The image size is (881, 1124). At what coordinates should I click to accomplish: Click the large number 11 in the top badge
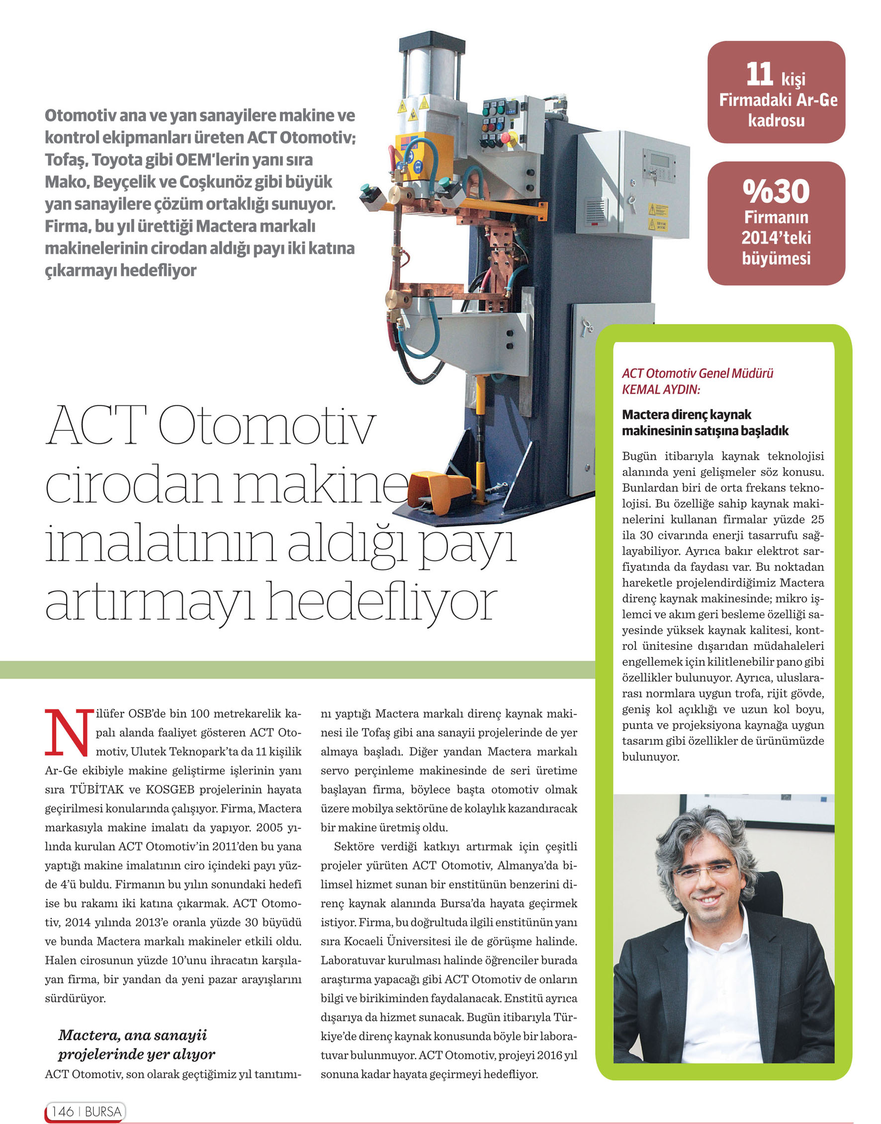coord(759,75)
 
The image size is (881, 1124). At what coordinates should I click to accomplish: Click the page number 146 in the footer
coord(63,1111)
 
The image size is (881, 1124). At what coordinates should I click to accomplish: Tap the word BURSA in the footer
coord(103,1111)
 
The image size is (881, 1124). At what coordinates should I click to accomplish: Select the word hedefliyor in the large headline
coord(382,603)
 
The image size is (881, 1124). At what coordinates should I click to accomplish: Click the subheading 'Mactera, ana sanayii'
coord(133,1035)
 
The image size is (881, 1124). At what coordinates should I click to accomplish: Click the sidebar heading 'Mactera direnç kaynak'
coord(686,414)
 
